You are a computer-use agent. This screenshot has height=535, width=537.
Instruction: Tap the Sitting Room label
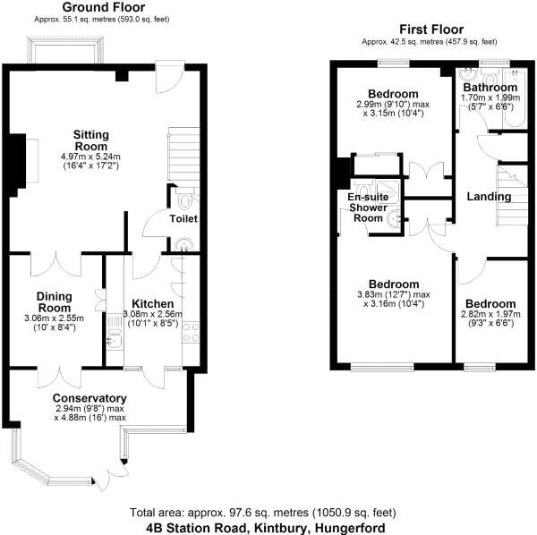point(92,141)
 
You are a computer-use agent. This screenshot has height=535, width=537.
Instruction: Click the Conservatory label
point(89,398)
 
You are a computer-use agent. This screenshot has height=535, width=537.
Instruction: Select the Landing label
point(490,197)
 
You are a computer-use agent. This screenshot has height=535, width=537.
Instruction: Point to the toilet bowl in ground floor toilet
point(185,200)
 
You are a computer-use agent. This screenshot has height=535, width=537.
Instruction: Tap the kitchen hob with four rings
point(192,332)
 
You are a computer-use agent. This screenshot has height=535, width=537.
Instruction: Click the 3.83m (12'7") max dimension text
point(395,295)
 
